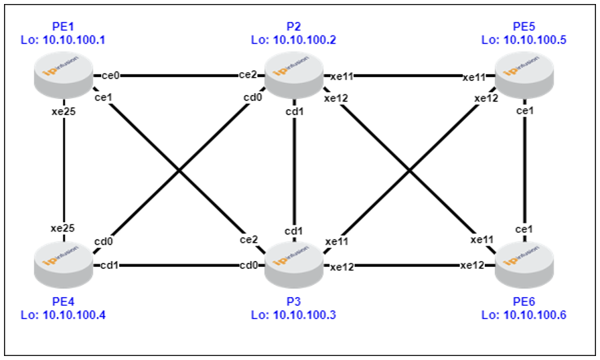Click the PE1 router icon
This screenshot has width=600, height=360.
click(x=64, y=76)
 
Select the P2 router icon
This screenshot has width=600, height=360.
click(x=294, y=76)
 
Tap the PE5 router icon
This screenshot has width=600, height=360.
click(x=524, y=76)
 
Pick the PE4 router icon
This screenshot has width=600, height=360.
click(x=64, y=265)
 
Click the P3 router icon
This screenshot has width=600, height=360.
click(x=294, y=265)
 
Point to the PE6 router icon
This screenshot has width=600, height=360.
click(x=524, y=265)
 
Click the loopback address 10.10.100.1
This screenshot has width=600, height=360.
click(x=74, y=39)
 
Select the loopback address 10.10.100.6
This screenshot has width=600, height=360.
click(x=534, y=315)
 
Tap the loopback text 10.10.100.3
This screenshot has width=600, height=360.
click(x=304, y=315)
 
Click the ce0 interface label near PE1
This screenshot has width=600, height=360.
click(x=110, y=76)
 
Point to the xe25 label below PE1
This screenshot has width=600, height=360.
click(x=64, y=112)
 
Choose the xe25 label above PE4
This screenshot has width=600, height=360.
click(x=63, y=228)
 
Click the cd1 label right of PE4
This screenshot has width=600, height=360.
click(x=109, y=265)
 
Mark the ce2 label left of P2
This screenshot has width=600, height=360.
click(x=248, y=75)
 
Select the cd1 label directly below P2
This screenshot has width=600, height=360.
click(x=295, y=112)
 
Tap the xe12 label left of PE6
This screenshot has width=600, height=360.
click(x=472, y=265)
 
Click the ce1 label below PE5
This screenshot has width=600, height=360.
click(x=524, y=111)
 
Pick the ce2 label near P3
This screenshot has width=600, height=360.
click(x=248, y=240)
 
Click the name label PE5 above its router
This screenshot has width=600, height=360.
click(x=524, y=26)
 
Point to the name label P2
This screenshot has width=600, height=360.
click(x=293, y=26)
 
